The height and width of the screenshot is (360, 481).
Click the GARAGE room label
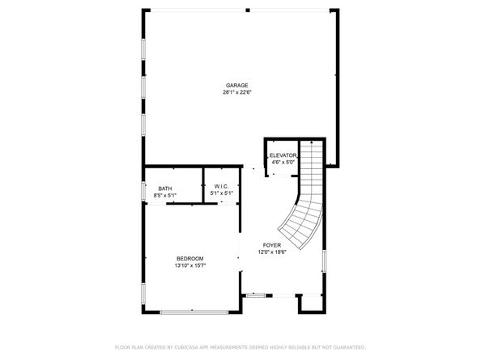[x=236, y=85]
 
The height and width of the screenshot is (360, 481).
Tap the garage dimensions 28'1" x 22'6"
[x=236, y=92]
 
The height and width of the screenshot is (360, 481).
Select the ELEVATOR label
[x=283, y=155]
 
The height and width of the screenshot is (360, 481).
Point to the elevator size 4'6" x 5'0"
[x=283, y=162]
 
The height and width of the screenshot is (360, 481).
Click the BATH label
[x=164, y=188]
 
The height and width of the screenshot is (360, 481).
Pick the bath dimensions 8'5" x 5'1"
[x=164, y=195]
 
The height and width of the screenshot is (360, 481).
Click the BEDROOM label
[x=189, y=258]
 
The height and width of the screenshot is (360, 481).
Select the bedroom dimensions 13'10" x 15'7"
[x=189, y=265]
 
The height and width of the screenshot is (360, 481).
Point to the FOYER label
[x=271, y=244]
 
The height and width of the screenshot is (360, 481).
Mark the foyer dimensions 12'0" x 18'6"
[x=271, y=252]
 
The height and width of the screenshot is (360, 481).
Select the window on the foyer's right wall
[x=324, y=261]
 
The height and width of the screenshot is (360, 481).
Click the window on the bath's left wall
[x=144, y=193]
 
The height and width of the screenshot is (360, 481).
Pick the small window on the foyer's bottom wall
[x=255, y=295]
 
